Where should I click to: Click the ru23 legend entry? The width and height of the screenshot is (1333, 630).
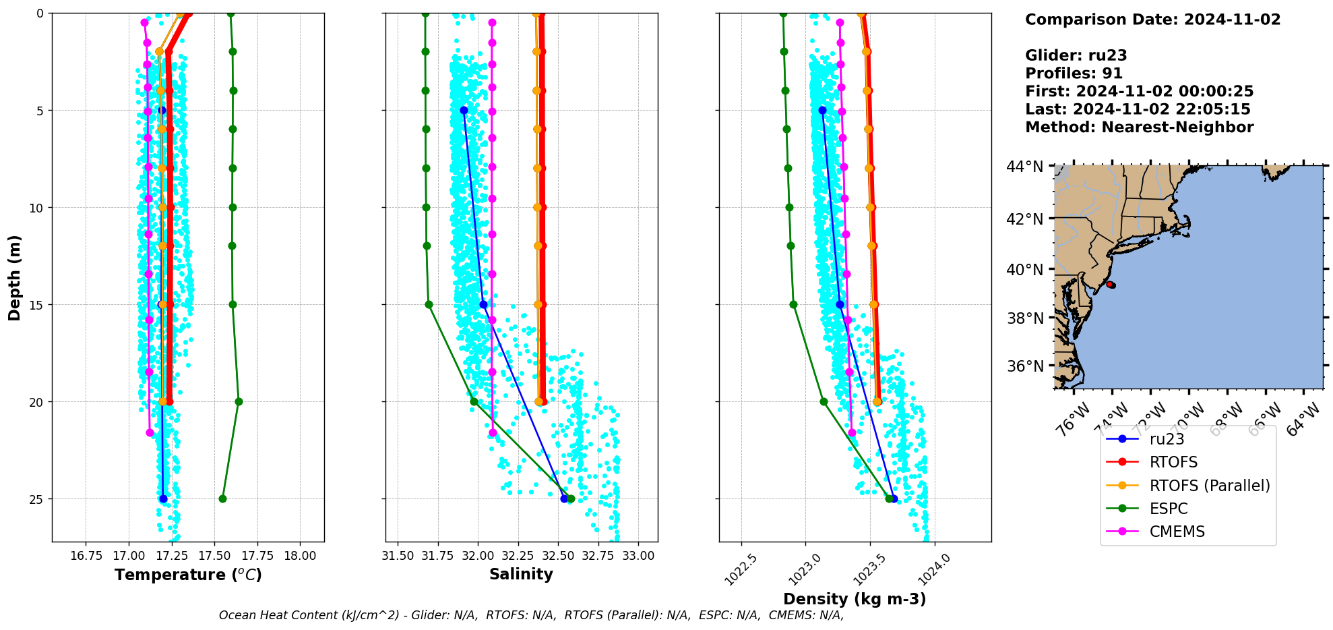[x=1167, y=439]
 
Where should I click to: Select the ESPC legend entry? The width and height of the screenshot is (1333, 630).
[x=1169, y=509]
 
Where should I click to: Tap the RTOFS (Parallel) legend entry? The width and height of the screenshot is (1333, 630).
[x=1209, y=486]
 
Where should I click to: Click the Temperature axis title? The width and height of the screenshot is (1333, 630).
[x=188, y=575]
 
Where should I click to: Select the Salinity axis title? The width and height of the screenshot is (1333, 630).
[x=521, y=575]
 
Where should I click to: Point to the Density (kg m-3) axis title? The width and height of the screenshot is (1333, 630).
[x=855, y=599]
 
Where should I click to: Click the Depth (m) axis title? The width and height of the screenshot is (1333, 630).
[x=15, y=277]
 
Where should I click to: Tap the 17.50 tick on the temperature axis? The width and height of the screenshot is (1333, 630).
[x=214, y=556]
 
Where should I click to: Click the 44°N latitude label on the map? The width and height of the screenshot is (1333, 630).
[x=1024, y=166]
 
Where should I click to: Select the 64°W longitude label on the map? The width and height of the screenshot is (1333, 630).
[x=1303, y=419]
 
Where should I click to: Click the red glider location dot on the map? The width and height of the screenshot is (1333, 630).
[x=1110, y=285]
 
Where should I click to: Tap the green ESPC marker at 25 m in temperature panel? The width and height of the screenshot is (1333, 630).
[x=222, y=499]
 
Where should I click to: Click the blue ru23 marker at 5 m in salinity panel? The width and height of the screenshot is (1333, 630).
[x=464, y=110]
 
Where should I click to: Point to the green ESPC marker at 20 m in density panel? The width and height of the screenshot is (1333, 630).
[x=824, y=401]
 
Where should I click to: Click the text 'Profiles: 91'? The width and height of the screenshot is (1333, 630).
[x=1074, y=74]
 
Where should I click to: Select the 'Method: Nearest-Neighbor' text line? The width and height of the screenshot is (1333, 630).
[x=1139, y=127]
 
